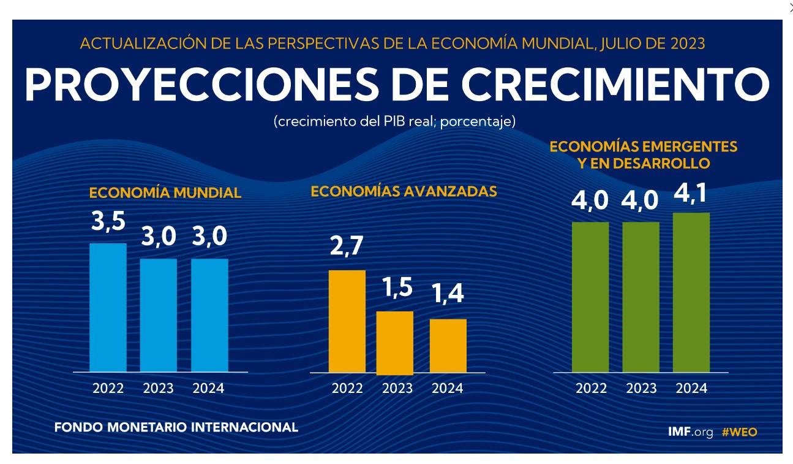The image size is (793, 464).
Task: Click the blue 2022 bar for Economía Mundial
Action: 108,307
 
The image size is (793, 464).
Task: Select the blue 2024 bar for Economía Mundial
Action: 209,315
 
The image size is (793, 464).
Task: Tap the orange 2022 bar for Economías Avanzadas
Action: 347,321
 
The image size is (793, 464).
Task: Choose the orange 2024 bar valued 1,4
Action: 448,345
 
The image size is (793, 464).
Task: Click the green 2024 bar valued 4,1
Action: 691,292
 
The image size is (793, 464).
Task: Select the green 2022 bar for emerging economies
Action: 590,297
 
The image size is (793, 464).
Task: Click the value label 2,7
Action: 347,246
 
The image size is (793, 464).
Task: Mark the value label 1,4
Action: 448,295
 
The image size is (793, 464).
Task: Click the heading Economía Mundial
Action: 165,193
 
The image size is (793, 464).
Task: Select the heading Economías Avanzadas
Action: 404,191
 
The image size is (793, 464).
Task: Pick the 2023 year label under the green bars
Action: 641,389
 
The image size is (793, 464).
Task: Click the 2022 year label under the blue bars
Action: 108,389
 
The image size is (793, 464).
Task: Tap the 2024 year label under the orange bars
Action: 448,389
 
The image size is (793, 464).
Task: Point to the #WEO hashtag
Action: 739,432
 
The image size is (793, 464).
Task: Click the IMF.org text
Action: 690,432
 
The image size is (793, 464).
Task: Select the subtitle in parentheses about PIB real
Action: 394,121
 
